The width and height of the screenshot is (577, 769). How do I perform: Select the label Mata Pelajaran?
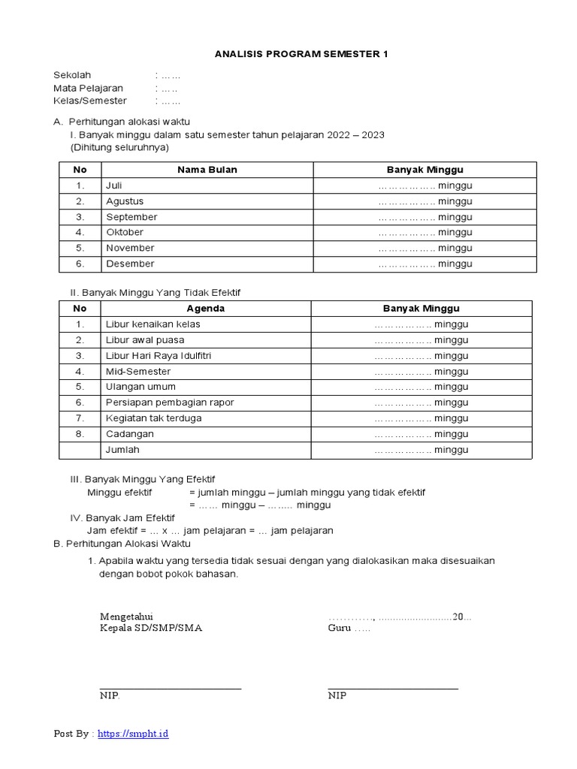click(88, 88)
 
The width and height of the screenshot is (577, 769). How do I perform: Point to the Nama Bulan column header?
click(207, 170)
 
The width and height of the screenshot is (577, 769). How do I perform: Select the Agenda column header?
click(205, 309)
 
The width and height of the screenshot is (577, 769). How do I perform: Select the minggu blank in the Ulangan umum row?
click(421, 387)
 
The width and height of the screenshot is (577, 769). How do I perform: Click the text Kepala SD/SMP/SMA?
click(150, 629)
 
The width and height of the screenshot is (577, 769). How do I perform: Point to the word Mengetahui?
click(126, 617)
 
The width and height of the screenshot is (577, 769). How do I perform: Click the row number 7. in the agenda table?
click(80, 418)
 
